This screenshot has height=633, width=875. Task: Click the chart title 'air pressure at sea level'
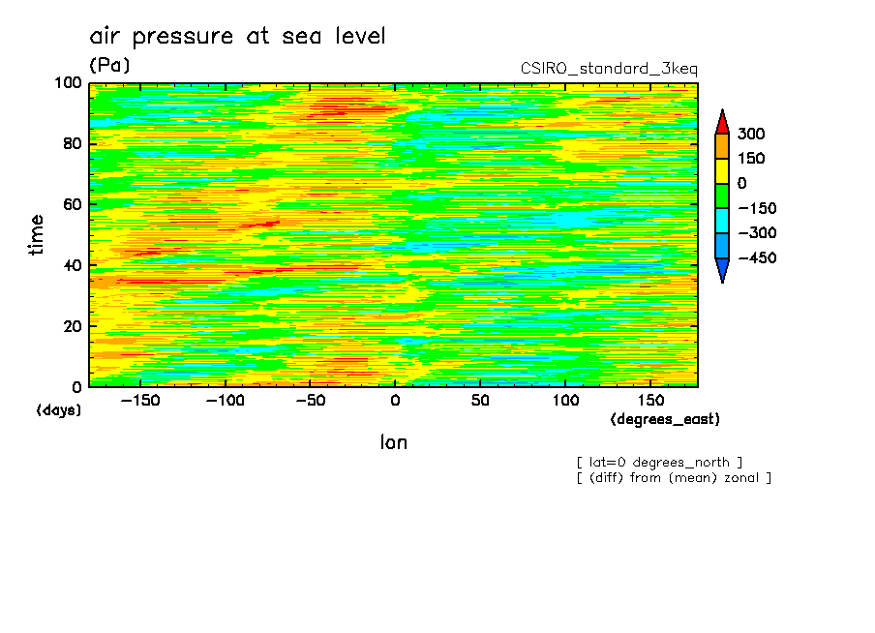point(237,37)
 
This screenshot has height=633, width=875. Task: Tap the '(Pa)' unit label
point(109,66)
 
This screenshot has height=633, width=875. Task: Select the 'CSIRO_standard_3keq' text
point(609,69)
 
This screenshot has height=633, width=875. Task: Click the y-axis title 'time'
point(37,234)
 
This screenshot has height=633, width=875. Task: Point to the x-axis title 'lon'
point(393,443)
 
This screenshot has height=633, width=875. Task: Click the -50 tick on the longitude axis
point(310,401)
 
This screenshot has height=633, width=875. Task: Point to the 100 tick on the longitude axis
point(565,401)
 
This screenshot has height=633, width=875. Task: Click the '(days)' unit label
point(59,410)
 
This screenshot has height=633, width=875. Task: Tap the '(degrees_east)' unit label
point(665,419)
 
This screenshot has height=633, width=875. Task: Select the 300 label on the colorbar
point(750,134)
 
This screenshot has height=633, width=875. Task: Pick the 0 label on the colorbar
point(742,183)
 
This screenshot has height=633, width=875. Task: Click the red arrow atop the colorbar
point(722,121)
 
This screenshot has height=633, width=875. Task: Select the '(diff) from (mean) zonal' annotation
point(674,477)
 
